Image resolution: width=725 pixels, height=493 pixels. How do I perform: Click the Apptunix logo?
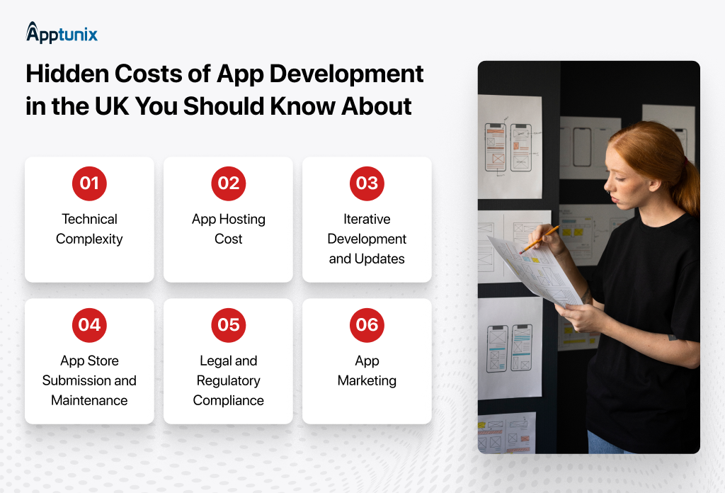[x=62, y=33]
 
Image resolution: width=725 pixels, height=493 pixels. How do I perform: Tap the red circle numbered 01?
[x=89, y=183]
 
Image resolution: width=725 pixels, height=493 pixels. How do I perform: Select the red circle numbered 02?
[x=228, y=183]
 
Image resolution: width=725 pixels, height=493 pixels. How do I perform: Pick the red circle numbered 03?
[x=367, y=183]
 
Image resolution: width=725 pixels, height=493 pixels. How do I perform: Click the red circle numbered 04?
[x=89, y=324]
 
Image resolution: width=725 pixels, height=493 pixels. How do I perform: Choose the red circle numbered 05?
[x=228, y=324]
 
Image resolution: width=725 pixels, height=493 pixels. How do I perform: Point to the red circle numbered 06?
[x=367, y=324]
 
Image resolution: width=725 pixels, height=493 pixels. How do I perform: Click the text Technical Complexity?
[x=89, y=229]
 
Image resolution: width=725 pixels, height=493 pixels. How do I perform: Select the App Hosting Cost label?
[x=228, y=229]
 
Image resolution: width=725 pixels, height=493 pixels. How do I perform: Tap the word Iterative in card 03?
[x=367, y=219]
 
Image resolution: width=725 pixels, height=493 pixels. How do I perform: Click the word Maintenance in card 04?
[x=89, y=400]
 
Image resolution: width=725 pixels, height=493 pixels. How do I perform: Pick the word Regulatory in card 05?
[x=228, y=380]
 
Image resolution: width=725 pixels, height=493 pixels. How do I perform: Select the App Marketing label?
[x=367, y=370]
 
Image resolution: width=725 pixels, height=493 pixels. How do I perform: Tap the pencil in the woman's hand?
[x=539, y=239]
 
